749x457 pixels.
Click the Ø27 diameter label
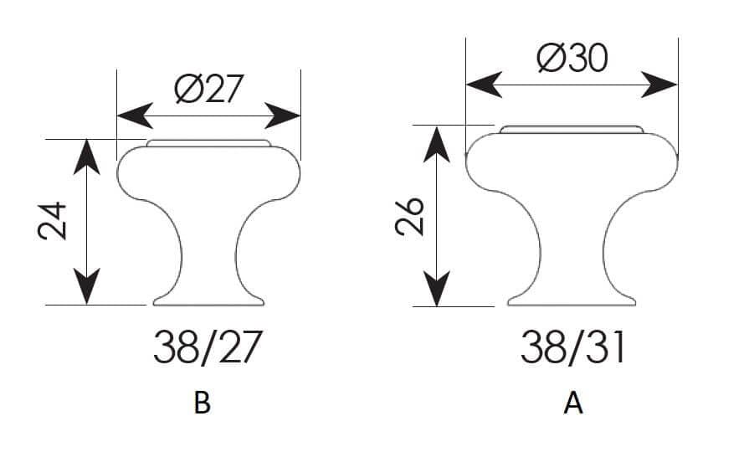pos(209,89)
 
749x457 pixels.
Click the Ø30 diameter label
pos(572,59)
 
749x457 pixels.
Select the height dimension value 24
pos(53,220)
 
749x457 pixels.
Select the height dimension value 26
pos(410,216)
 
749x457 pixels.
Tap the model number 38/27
pos(208,347)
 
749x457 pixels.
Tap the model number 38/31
pos(572,347)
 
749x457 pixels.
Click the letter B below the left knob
pos(202,403)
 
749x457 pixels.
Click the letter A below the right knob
pos(573,403)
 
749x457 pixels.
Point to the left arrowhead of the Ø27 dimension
pos(136,116)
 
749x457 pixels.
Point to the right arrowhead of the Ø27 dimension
pos(282,116)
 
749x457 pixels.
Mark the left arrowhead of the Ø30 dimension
pos(484,85)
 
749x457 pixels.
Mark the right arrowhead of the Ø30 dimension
pos(659,85)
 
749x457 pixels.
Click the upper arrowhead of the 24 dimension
pos(86,157)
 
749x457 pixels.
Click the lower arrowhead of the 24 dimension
pos(86,286)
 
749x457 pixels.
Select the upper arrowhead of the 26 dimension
pos(437,144)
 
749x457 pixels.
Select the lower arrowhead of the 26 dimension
pos(437,289)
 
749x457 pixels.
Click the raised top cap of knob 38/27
pos(208,143)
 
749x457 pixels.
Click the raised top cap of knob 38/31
pos(572,130)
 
